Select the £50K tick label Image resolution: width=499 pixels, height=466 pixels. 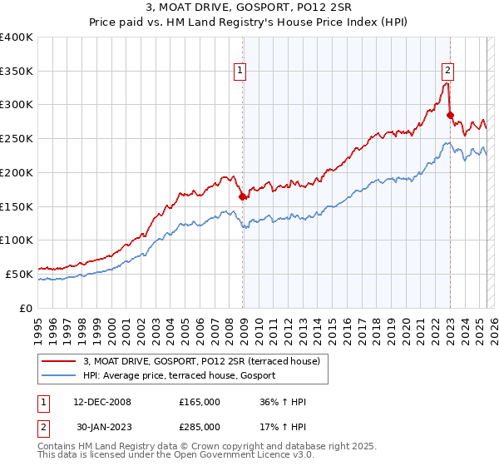coord(20,274)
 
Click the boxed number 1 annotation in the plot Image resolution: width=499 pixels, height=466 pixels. coord(240,72)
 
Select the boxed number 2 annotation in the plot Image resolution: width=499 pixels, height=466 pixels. coord(447,72)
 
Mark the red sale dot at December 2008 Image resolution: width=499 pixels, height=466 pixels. coord(243,197)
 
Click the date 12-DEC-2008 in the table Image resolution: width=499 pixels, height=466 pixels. coord(98,401)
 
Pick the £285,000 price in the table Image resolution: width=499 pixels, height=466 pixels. coord(200,426)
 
